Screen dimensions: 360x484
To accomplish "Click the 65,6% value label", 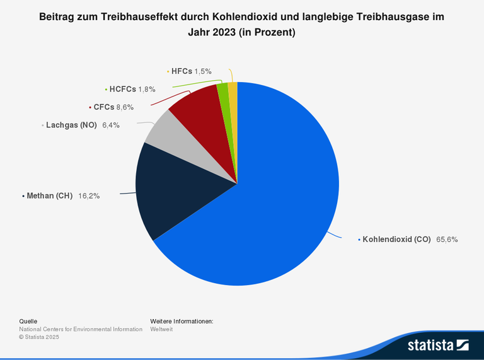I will pyautogui.click(x=447, y=240).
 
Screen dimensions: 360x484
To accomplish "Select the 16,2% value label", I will pyautogui.click(x=89, y=196).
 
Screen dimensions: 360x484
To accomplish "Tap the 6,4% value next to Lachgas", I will pyautogui.click(x=111, y=125).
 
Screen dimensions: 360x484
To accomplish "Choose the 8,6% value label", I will pyautogui.click(x=125, y=107).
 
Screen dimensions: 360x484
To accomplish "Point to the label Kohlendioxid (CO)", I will pyautogui.click(x=396, y=240).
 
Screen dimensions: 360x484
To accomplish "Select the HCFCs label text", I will pyautogui.click(x=123, y=90).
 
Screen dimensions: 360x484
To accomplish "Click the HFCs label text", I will pyautogui.click(x=181, y=71).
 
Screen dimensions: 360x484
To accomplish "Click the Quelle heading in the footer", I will pyautogui.click(x=28, y=321).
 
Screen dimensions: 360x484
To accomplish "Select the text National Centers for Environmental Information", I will pyautogui.click(x=81, y=329).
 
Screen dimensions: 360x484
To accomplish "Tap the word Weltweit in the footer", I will pyautogui.click(x=161, y=329).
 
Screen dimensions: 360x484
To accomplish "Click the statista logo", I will pyautogui.click(x=438, y=345).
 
